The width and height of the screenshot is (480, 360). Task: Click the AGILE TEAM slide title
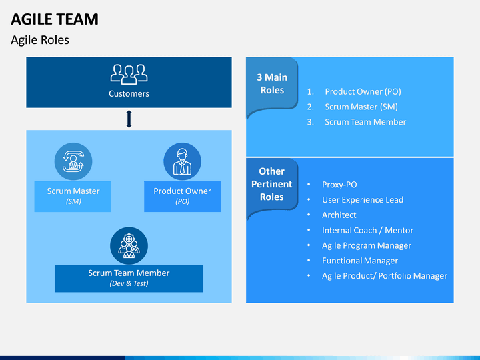pyautogui.click(x=55, y=19)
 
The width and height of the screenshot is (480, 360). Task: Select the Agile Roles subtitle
pyautogui.click(x=40, y=40)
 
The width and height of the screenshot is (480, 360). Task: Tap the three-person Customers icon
pyautogui.click(x=129, y=74)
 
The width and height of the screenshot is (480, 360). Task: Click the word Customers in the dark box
pyautogui.click(x=129, y=94)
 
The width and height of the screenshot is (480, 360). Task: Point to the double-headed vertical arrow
pyautogui.click(x=129, y=119)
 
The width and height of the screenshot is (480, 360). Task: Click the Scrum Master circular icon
pyautogui.click(x=73, y=161)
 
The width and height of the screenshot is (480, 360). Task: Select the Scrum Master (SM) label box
pyautogui.click(x=73, y=196)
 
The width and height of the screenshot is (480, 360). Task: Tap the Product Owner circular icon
pyautogui.click(x=183, y=161)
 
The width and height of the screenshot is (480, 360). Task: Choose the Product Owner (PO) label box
pyautogui.click(x=183, y=196)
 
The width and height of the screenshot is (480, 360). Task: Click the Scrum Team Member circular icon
pyautogui.click(x=129, y=245)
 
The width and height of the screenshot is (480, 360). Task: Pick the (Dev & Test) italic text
pyautogui.click(x=129, y=283)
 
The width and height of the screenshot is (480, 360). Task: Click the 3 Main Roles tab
pyautogui.click(x=272, y=83)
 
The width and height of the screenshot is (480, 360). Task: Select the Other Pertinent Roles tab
pyautogui.click(x=272, y=184)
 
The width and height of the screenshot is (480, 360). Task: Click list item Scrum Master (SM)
pyautogui.click(x=361, y=107)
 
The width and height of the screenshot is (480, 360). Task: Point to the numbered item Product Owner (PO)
pyautogui.click(x=363, y=91)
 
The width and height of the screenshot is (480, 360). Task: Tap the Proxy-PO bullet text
pyautogui.click(x=339, y=185)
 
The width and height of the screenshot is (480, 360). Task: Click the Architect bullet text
pyautogui.click(x=339, y=215)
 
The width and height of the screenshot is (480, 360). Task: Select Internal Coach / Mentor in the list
pyautogui.click(x=367, y=230)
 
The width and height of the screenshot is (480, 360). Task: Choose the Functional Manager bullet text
pyautogui.click(x=360, y=261)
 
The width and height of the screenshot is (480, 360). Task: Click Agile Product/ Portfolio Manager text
pyautogui.click(x=385, y=276)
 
